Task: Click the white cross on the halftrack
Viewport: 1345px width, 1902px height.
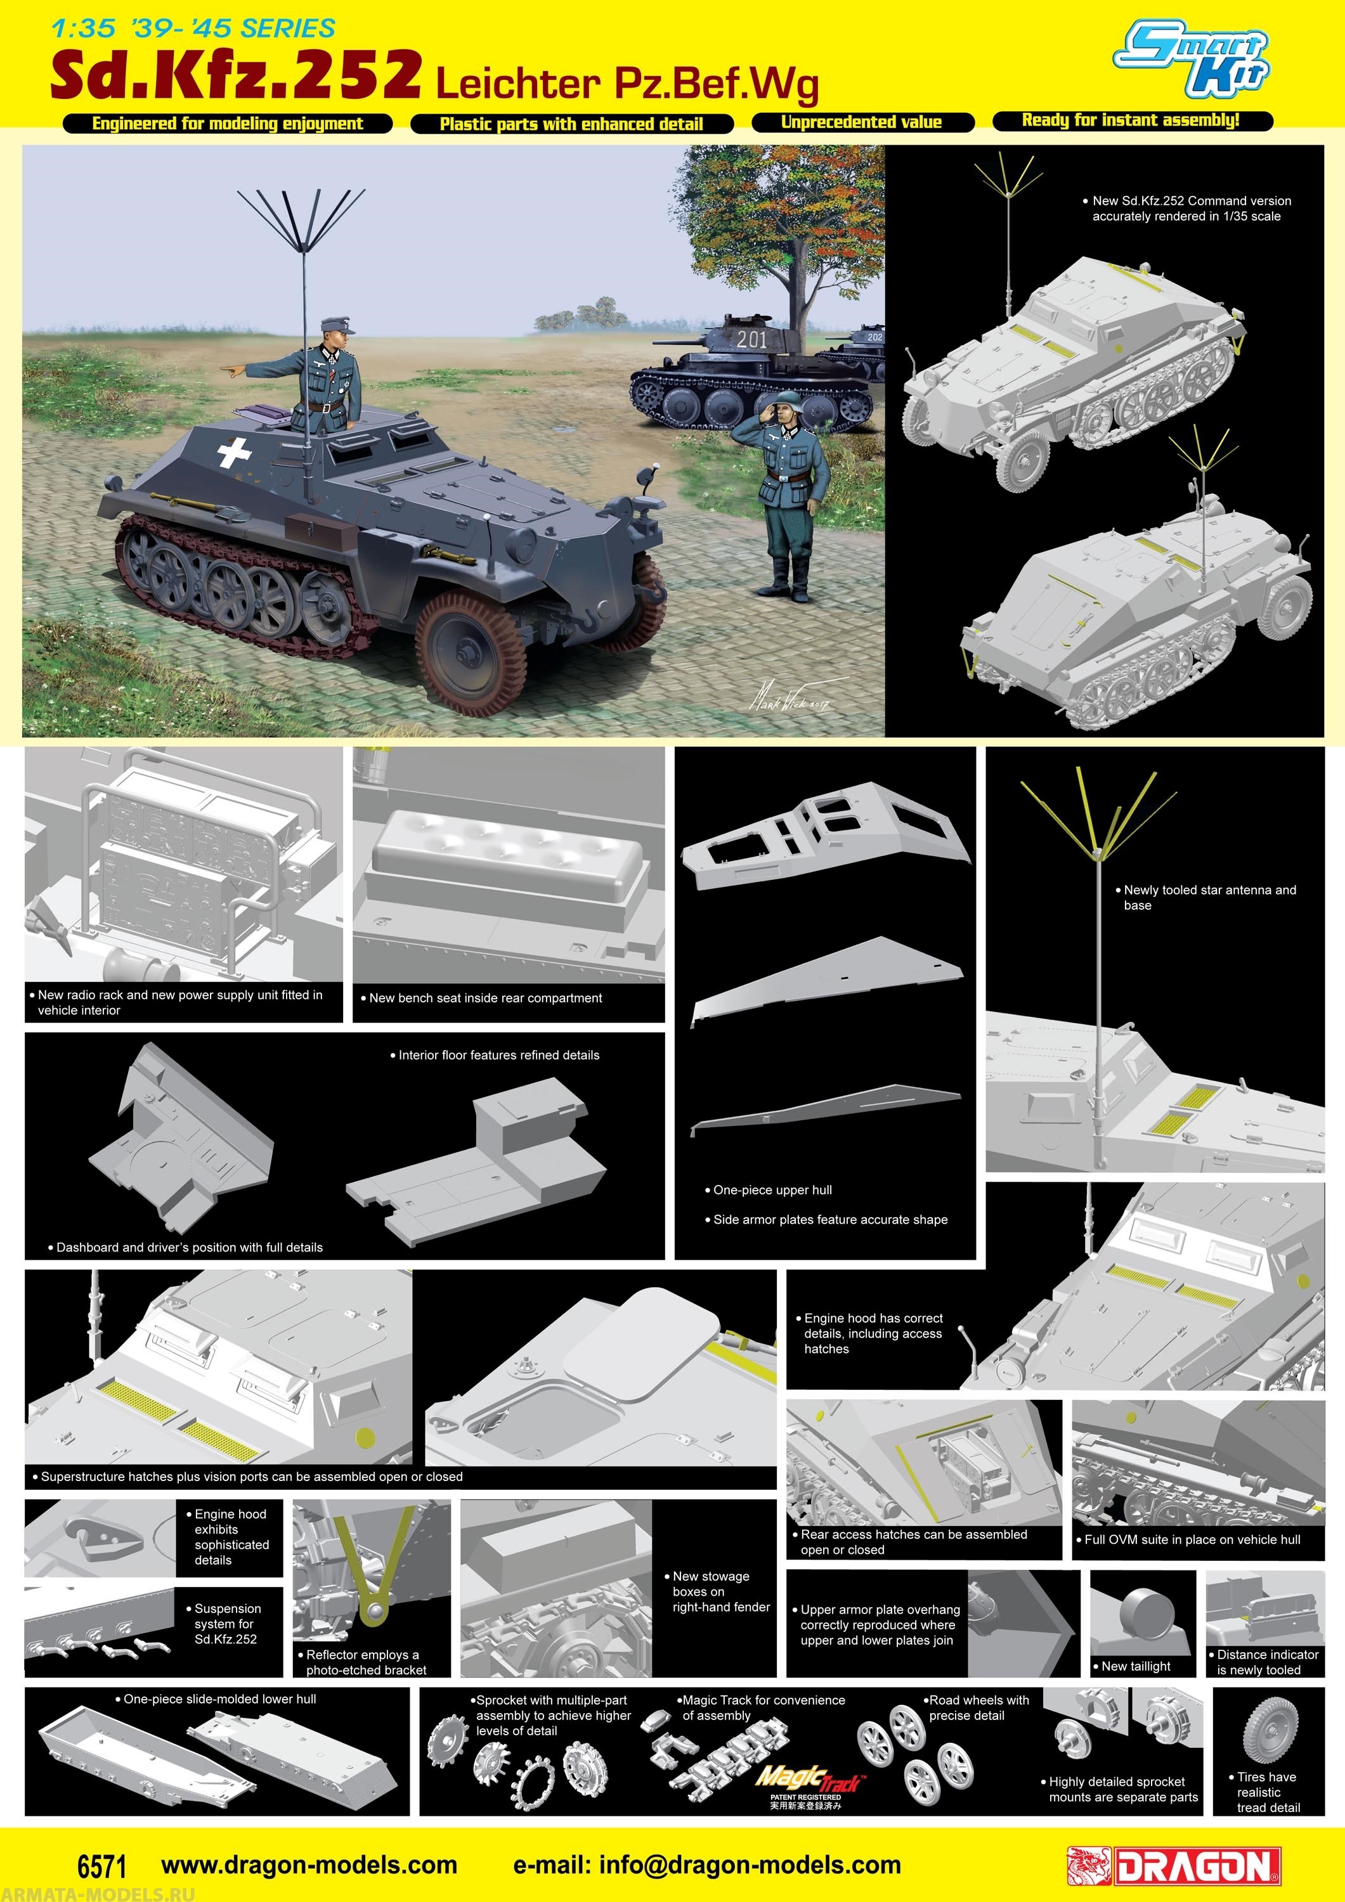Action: pos(235,452)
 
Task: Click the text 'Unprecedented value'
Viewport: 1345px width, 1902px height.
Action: pos(861,122)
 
